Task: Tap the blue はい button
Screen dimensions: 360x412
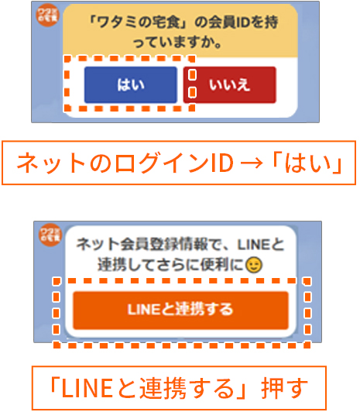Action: [131, 85]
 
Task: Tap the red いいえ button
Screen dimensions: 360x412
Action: [230, 85]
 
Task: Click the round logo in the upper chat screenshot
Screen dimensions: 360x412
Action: [47, 15]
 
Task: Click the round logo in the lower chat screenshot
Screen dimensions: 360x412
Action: [50, 235]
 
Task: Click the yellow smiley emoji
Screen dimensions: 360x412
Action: [254, 265]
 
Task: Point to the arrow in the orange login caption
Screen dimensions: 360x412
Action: [252, 163]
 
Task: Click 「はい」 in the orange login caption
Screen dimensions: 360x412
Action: [308, 163]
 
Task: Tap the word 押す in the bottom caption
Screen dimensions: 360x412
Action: [284, 388]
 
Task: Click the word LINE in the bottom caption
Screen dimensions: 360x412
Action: [87, 388]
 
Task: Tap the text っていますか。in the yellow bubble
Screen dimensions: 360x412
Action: [177, 43]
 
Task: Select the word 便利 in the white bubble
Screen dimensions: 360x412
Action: [218, 265]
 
